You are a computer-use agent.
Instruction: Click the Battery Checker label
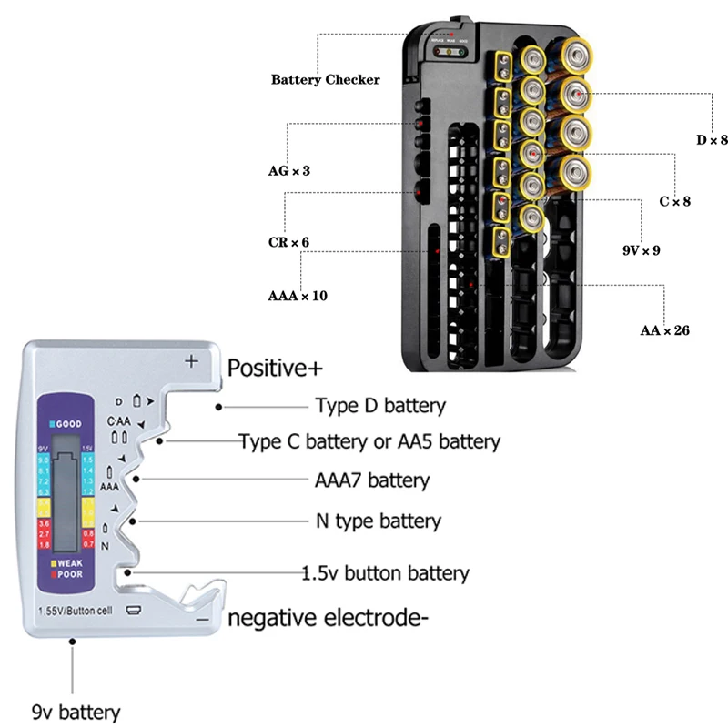tap(325, 79)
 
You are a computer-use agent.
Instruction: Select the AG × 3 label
tap(288, 169)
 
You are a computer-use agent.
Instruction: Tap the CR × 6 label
tap(288, 242)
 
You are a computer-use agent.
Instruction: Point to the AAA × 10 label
tap(298, 297)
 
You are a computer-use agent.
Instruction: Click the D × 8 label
tap(712, 140)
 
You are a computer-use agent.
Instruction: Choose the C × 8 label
tap(674, 201)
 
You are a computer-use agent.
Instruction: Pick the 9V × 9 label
tap(636, 248)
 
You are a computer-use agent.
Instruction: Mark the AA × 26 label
tap(664, 330)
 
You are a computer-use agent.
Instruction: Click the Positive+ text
tap(277, 369)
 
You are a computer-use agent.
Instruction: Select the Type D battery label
tap(380, 406)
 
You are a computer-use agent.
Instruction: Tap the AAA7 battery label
tap(372, 480)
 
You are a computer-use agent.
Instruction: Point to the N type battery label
tap(378, 521)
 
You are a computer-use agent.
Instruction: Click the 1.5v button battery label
tap(386, 573)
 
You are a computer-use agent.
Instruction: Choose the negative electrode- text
tap(328, 619)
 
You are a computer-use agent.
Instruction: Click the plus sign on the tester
tap(191, 360)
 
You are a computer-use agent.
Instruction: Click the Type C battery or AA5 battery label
tap(369, 442)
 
